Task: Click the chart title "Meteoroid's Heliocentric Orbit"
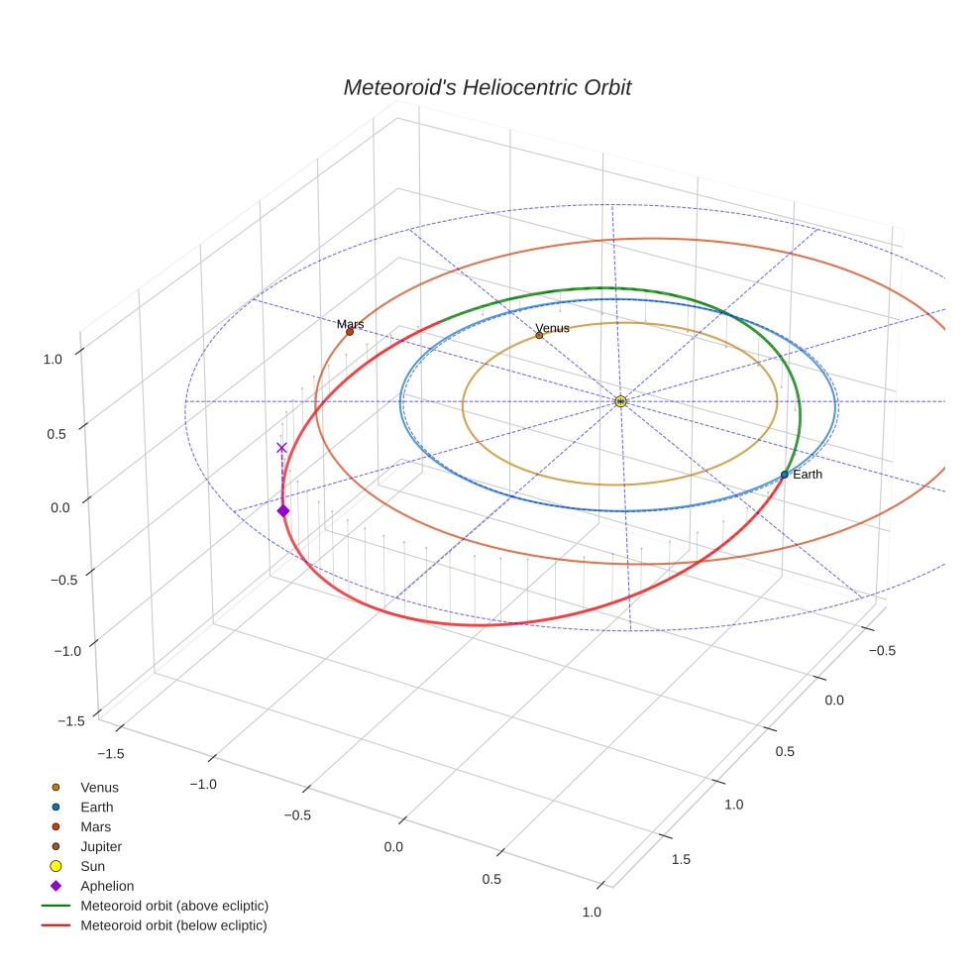point(487,88)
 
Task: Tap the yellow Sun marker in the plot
point(620,401)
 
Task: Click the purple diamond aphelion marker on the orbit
point(283,510)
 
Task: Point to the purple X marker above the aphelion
point(281,447)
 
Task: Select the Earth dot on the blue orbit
point(784,475)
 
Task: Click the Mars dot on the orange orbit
point(350,331)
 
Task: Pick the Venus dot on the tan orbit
point(539,335)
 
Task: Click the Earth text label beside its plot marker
point(808,475)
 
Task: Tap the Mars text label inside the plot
point(350,324)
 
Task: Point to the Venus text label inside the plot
point(552,328)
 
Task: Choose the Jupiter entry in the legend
point(101,847)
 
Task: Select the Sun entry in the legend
point(93,867)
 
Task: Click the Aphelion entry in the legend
point(107,887)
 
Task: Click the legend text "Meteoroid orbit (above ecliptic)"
point(174,907)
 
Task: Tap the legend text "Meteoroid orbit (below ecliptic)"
point(173,926)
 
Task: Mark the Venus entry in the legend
point(99,788)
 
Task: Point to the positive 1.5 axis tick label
point(680,859)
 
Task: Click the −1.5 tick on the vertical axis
point(69,721)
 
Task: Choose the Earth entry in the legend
point(97,808)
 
